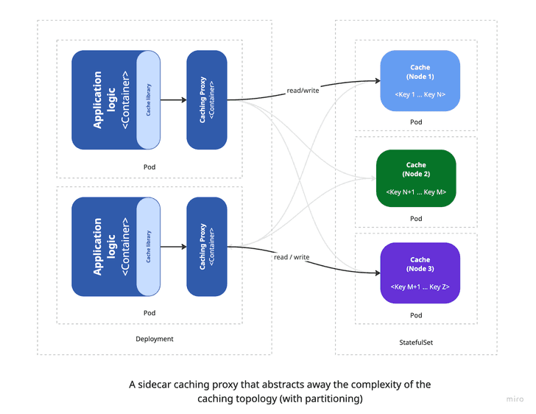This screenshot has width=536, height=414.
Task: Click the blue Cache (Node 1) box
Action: pos(420,80)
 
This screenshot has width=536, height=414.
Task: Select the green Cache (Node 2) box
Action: pos(416,178)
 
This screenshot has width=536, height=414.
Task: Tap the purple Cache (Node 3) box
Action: pos(420,273)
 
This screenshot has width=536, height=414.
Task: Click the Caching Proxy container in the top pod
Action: pos(207,99)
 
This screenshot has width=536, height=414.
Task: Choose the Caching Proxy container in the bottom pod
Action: pos(207,247)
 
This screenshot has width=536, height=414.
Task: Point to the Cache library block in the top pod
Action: pos(149,99)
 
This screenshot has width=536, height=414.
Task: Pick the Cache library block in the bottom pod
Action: pos(149,247)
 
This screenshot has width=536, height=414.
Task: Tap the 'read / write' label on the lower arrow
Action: pos(292,257)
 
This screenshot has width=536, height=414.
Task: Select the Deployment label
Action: pos(155,339)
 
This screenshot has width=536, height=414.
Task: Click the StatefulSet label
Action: pos(416,343)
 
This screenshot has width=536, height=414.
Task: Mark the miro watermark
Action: pos(515,399)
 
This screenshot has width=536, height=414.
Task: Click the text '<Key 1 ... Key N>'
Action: pos(420,95)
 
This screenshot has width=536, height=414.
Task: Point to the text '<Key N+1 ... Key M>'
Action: pos(416,192)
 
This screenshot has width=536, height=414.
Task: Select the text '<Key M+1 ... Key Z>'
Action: pos(420,287)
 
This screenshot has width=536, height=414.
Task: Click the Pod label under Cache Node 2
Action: pos(416,219)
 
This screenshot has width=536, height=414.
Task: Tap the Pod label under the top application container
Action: pos(149,166)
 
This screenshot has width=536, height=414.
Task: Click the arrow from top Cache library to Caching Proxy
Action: pos(173,99)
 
